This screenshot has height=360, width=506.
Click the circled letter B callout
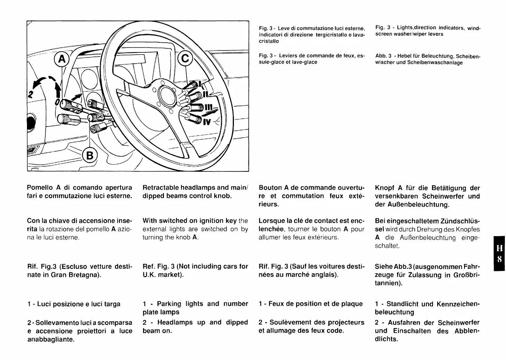click(x=90, y=155)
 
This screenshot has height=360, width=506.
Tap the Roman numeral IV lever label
click(x=207, y=122)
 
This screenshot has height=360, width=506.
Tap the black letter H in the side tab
click(x=499, y=248)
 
